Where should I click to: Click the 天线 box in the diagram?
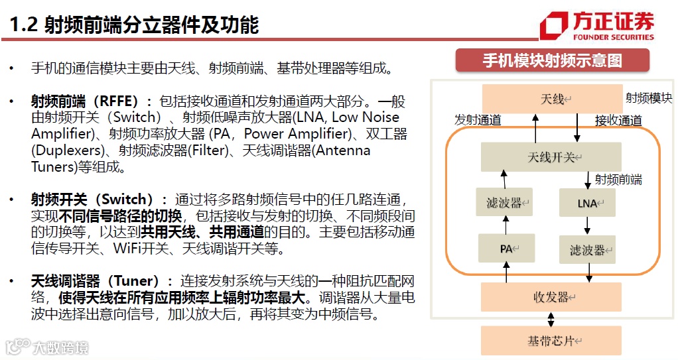click(x=551, y=99)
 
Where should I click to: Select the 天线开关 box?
click(x=551, y=157)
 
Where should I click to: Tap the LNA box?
click(x=587, y=203)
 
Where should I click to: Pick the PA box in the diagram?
click(x=505, y=249)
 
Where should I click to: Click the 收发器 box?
click(x=551, y=297)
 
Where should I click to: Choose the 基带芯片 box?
click(x=551, y=341)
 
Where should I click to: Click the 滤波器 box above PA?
click(x=505, y=203)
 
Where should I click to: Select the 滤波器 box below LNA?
click(x=587, y=250)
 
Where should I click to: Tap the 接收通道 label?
click(x=618, y=120)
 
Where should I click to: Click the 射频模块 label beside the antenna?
click(x=649, y=98)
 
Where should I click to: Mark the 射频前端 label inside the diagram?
click(x=618, y=180)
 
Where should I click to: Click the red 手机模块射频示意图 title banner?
click(x=551, y=61)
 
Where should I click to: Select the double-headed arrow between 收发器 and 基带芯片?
click(x=551, y=319)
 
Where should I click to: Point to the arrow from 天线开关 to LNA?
click(x=587, y=180)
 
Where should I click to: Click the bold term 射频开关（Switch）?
click(x=92, y=200)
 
